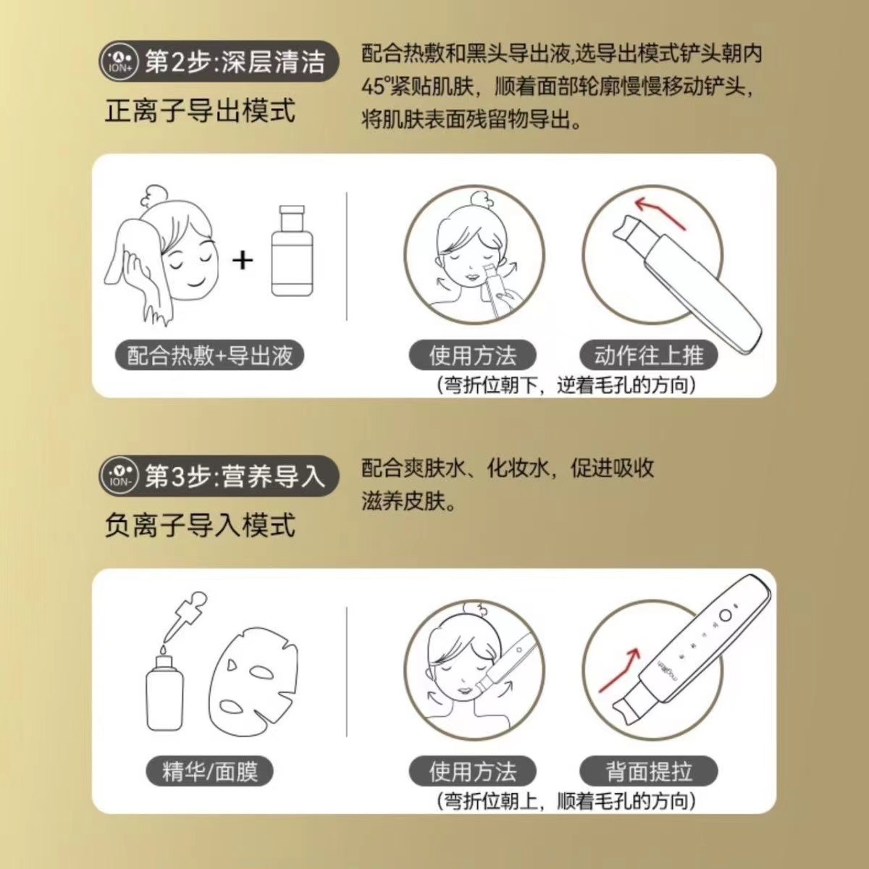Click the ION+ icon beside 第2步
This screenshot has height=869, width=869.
point(118,62)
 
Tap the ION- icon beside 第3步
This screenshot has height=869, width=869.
point(118,477)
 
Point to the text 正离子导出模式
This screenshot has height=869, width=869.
point(200,111)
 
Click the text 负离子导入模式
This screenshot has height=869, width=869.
point(200,525)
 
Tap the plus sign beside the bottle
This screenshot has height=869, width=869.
point(243,259)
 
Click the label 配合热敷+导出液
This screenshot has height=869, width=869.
point(209,356)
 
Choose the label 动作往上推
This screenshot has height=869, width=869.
point(648,356)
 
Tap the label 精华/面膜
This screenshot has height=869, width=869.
point(209,771)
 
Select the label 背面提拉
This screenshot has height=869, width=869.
point(648,771)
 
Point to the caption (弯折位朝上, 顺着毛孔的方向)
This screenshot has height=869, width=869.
point(566,801)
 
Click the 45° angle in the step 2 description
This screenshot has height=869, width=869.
point(375,87)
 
